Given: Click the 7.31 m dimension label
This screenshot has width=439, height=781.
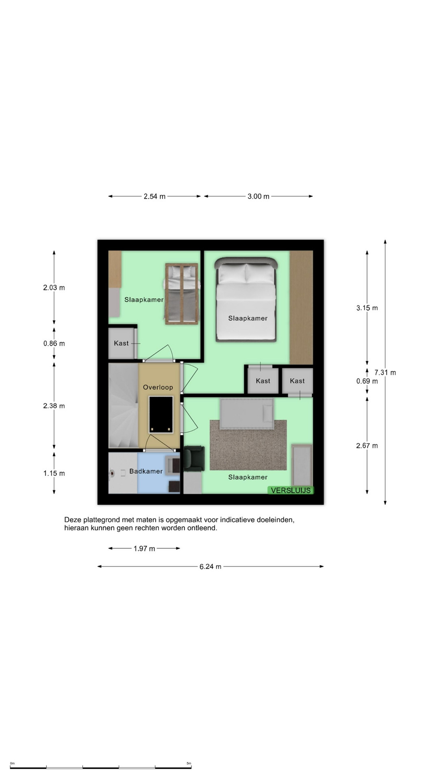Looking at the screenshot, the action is click(385, 372).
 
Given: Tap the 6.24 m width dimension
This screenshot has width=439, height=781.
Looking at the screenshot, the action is click(210, 566).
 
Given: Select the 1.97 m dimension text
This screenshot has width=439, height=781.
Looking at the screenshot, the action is click(144, 548).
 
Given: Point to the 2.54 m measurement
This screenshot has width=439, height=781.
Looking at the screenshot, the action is click(154, 196).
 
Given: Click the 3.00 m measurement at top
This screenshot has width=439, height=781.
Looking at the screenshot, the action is click(259, 196).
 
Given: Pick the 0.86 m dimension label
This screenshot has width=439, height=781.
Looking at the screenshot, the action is click(54, 343).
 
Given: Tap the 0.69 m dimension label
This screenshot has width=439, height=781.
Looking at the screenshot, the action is click(367, 381).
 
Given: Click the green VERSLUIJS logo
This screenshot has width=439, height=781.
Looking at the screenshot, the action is click(291, 490).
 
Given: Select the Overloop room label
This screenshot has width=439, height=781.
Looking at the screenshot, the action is click(158, 387).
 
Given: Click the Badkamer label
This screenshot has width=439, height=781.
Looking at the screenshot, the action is click(146, 471).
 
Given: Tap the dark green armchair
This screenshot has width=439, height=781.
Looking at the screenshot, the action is click(194, 458).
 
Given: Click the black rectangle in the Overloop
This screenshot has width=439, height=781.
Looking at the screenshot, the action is click(161, 414).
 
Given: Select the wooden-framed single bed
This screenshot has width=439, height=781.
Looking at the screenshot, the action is click(182, 294).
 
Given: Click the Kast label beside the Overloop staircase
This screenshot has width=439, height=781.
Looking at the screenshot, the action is click(121, 343).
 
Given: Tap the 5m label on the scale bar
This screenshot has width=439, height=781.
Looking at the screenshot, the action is click(189, 763).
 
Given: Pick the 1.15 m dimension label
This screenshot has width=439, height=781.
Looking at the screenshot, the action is click(54, 473).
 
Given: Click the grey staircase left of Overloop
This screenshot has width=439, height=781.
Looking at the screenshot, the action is click(124, 406).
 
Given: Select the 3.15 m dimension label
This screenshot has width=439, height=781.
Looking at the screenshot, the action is click(367, 308).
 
